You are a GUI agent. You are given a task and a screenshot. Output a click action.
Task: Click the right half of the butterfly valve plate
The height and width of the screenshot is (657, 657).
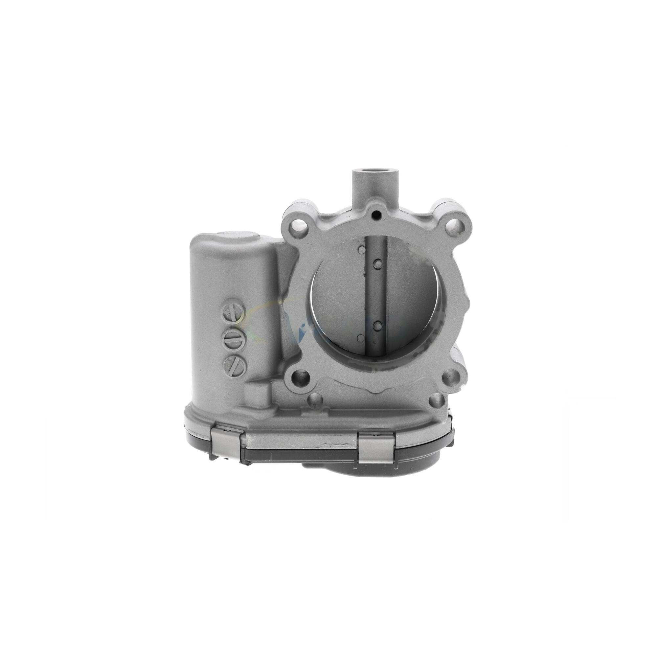click(x=408, y=299)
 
